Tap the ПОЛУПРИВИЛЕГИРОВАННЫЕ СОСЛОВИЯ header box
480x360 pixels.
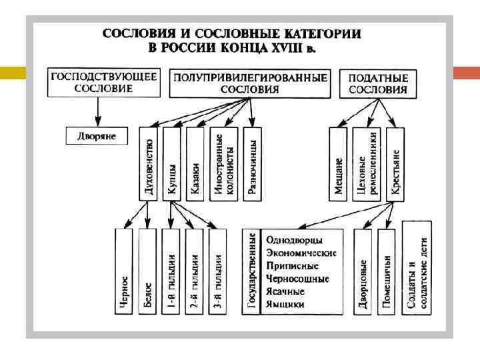(x=250, y=84)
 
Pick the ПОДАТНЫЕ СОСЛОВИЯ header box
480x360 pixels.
(x=378, y=84)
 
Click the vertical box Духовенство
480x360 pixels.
(x=149, y=163)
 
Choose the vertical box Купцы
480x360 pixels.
(x=172, y=163)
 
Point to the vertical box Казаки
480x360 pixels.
(x=195, y=163)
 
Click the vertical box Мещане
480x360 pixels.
(x=339, y=163)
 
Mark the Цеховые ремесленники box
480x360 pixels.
(x=367, y=163)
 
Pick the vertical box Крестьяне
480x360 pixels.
(x=395, y=163)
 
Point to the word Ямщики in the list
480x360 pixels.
(x=285, y=304)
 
